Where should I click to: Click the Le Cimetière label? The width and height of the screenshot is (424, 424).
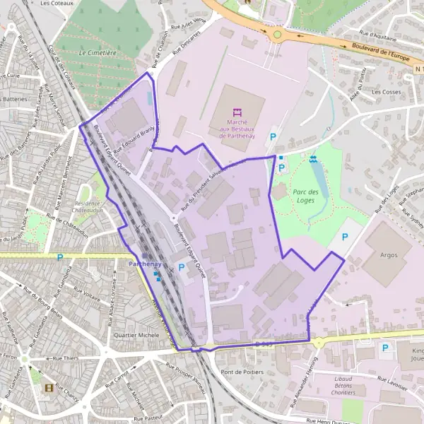pyautogui.click(x=98, y=52)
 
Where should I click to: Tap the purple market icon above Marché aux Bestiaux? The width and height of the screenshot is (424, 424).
pyautogui.click(x=237, y=112)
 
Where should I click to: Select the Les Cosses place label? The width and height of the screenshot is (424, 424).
pyautogui.click(x=386, y=92)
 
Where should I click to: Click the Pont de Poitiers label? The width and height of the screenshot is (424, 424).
pyautogui.click(x=242, y=372)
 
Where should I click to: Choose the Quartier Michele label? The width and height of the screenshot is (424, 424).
pyautogui.click(x=136, y=335)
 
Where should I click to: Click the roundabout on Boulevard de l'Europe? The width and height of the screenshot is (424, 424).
pyautogui.click(x=277, y=33)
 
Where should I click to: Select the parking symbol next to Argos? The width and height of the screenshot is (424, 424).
pyautogui.click(x=346, y=237)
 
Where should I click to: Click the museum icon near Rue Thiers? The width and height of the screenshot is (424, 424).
pyautogui.click(x=49, y=388)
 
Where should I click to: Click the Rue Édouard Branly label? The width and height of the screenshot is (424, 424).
pyautogui.click(x=134, y=134)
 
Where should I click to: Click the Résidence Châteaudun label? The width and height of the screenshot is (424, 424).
pyautogui.click(x=88, y=205)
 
